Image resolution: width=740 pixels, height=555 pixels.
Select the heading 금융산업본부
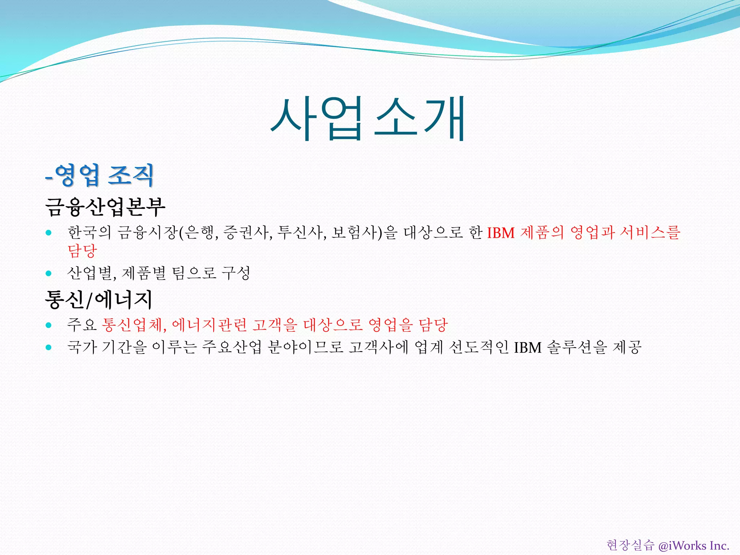[105, 207]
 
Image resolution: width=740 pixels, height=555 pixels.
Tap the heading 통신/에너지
[98, 300]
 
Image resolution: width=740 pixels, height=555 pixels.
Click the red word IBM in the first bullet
[501, 233]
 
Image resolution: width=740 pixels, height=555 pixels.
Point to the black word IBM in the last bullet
[528, 348]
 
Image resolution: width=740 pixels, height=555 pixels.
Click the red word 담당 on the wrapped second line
[82, 250]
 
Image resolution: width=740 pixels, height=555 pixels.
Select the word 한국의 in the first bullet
[89, 232]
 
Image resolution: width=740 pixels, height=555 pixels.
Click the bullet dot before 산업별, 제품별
[49, 273]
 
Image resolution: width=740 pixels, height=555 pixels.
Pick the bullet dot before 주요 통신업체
[49, 325]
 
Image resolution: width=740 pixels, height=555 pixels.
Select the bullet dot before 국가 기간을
[49, 348]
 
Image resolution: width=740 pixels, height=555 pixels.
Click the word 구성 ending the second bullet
[236, 273]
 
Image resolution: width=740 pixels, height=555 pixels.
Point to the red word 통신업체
[134, 325]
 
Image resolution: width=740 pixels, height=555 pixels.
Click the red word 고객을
[275, 325]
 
